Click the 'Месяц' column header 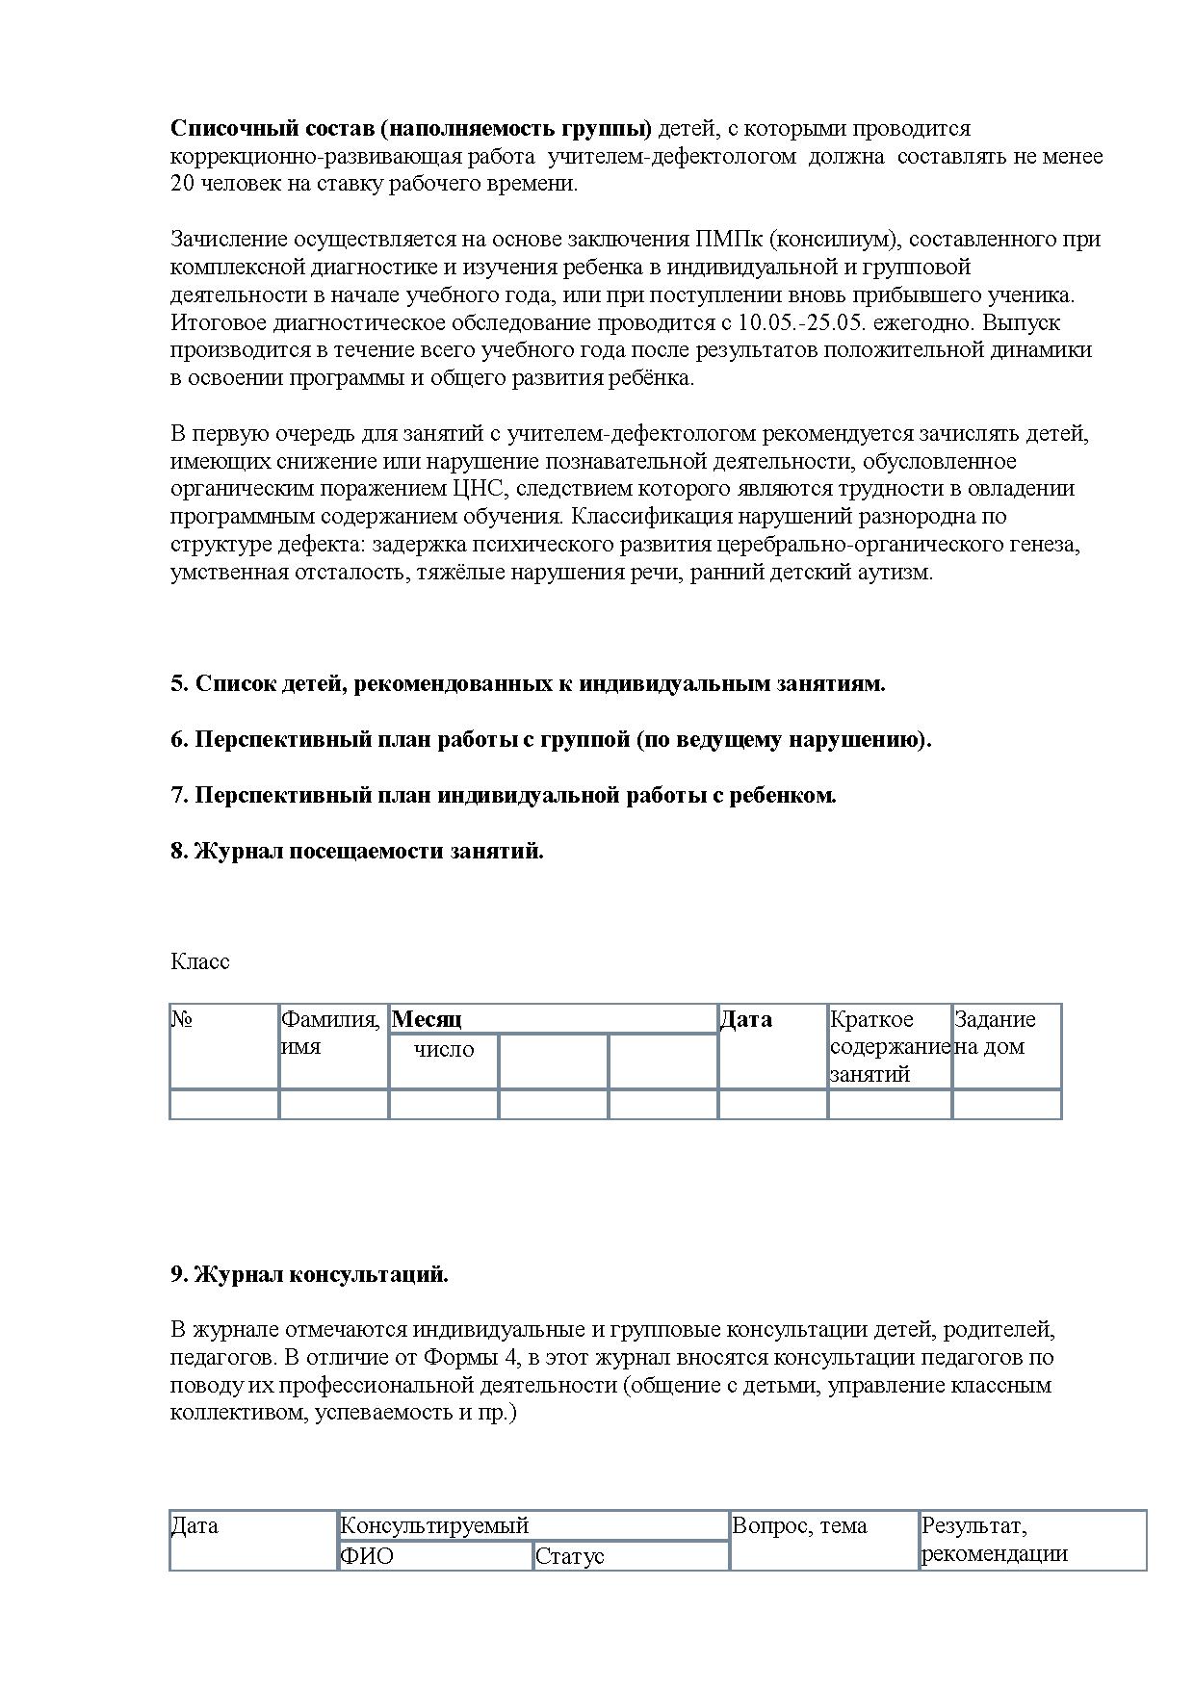pos(428,1019)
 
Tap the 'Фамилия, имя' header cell pos(330,1033)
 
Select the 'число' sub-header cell pos(444,1049)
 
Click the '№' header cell pos(182,1019)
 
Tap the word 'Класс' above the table pos(200,961)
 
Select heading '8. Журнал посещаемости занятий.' pos(357,851)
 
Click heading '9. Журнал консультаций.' pos(309,1274)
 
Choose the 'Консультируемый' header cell pos(435,1525)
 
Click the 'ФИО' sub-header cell pos(367,1556)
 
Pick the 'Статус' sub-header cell pos(569,1556)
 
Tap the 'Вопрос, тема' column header pos(799,1525)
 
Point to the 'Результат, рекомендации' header pos(994,1540)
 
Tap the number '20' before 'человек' pos(183,184)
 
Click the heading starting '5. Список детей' pos(528,683)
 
